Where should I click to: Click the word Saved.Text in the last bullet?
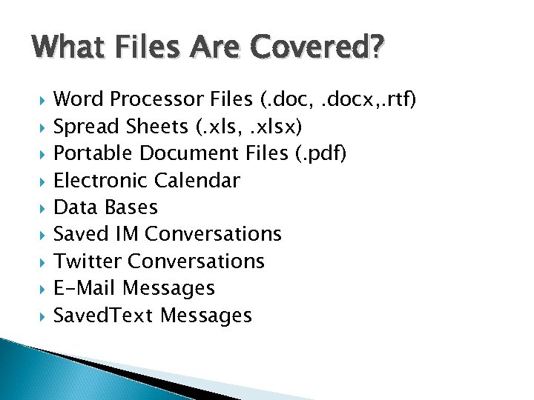click(105, 316)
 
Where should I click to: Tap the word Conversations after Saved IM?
click(214, 234)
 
